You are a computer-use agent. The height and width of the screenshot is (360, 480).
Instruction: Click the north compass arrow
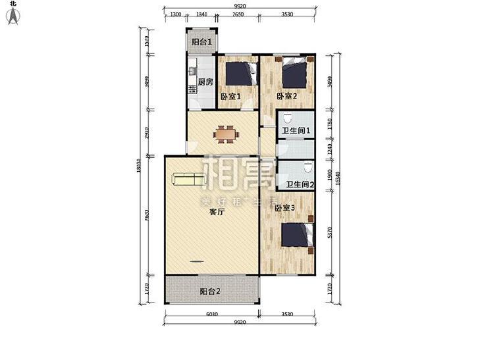click(13, 16)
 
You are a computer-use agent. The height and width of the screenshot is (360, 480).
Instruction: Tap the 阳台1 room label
click(202, 42)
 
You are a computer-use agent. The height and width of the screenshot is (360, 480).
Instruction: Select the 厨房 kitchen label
click(205, 82)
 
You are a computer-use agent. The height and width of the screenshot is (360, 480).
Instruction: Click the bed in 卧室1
click(243, 73)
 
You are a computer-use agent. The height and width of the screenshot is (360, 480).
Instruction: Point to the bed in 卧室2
click(294, 73)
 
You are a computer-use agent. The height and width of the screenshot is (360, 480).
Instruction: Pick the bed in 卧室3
click(296, 235)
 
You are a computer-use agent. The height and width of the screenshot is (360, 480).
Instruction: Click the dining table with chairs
click(224, 134)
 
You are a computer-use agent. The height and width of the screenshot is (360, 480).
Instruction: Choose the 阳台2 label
click(210, 291)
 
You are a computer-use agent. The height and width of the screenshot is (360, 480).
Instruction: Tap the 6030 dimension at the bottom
click(212, 314)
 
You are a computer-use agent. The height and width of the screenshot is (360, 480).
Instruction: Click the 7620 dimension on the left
click(147, 216)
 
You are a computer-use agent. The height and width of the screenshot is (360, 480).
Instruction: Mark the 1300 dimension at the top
click(176, 14)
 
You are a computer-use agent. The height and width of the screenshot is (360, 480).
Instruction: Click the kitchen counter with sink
click(192, 82)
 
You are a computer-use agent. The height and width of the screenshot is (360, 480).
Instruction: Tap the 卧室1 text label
click(230, 97)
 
